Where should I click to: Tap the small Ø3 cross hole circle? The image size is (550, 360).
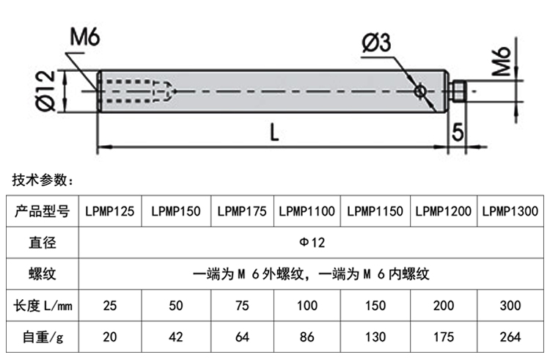tap(419, 91)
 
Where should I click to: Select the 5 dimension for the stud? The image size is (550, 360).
tap(458, 132)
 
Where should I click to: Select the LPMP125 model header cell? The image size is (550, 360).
tap(109, 211)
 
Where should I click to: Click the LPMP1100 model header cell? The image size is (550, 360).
tap(307, 211)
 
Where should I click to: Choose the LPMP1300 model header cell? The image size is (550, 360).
tap(512, 211)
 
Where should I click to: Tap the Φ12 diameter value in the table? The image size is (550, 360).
tap(311, 243)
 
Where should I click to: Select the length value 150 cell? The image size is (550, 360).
tap(375, 306)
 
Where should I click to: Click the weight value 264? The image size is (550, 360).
tap(512, 337)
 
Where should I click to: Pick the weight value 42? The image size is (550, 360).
tap(176, 337)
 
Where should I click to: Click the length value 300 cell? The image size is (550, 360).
tap(512, 306)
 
